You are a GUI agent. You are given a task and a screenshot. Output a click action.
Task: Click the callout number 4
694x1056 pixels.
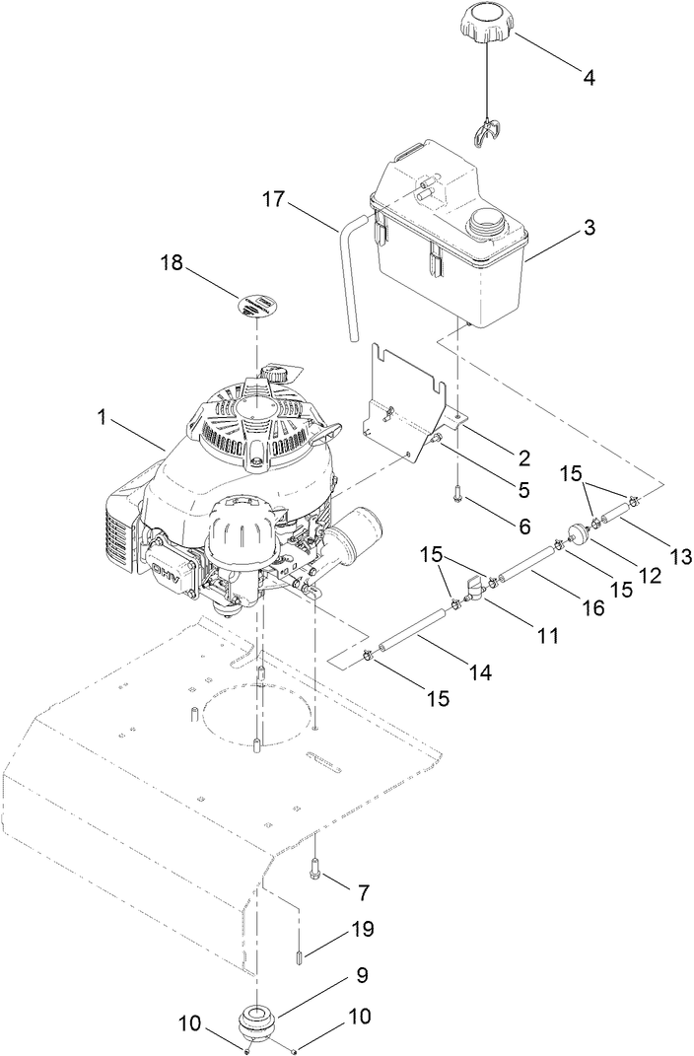tap(590, 76)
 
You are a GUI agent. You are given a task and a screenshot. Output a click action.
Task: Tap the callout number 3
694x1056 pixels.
tap(589, 228)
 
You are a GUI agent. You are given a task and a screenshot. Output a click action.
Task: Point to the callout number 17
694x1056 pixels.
tap(274, 200)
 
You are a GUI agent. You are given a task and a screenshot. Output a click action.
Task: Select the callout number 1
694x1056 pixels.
tap(102, 418)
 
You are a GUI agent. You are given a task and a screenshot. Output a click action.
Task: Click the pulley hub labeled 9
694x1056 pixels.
tap(257, 1019)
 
